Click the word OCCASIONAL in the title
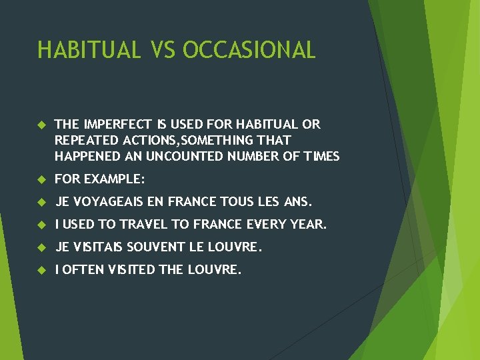point(249,50)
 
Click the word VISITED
point(133,270)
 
